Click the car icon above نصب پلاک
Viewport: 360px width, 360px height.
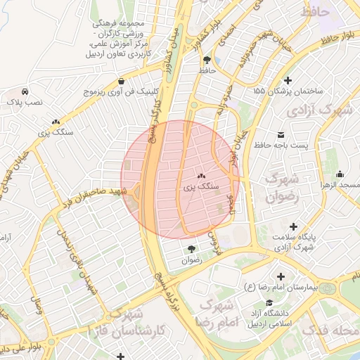(x=25, y=92)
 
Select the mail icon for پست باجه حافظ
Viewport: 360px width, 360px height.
(x=281, y=134)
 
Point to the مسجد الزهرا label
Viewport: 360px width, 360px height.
(x=337, y=184)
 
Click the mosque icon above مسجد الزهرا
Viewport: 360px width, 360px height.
(x=340, y=174)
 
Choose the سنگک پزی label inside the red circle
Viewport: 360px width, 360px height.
(x=201, y=187)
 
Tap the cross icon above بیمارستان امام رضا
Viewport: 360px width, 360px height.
(x=282, y=277)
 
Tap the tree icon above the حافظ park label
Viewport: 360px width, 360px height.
(x=206, y=60)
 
